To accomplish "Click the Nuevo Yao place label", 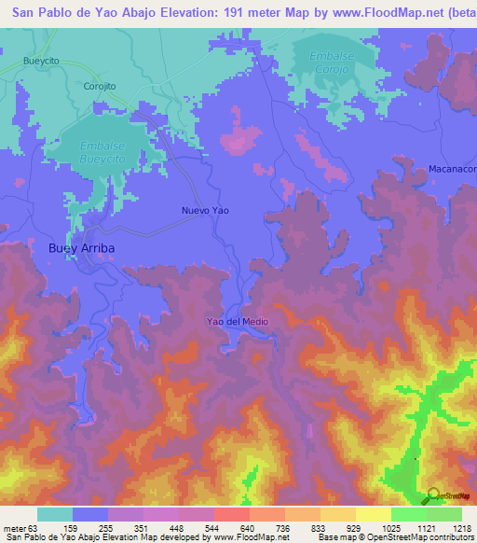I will coord(205,211).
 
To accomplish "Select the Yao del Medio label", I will coord(238,321).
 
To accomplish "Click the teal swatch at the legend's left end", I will coord(55,513).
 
